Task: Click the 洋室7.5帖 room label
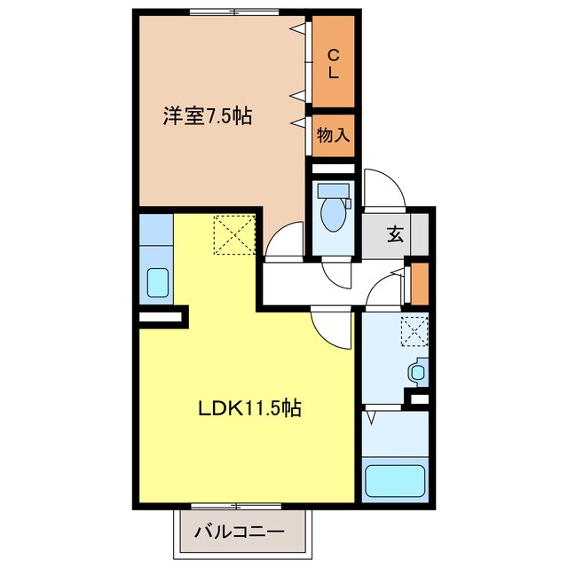(x=207, y=116)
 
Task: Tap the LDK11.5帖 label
(x=249, y=408)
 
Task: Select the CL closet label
(x=334, y=65)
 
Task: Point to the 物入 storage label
(x=334, y=136)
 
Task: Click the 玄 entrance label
(x=395, y=234)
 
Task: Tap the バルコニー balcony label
(x=240, y=532)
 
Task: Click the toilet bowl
(x=334, y=215)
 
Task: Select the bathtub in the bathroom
(x=395, y=481)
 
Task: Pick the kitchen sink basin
(x=158, y=282)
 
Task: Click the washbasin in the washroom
(x=418, y=373)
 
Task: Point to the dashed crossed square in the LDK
(x=234, y=234)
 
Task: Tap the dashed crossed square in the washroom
(x=414, y=331)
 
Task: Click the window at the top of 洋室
(x=234, y=12)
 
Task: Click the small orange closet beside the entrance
(x=420, y=284)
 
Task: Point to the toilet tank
(x=334, y=190)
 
